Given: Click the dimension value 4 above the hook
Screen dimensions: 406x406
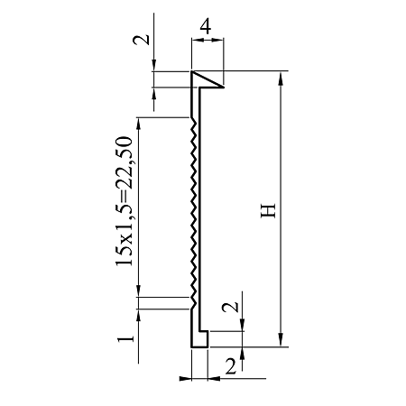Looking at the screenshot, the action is tap(205, 26).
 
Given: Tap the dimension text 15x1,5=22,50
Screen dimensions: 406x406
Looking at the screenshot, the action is tap(124, 201).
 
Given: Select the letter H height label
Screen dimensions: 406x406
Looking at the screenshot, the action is tap(268, 210).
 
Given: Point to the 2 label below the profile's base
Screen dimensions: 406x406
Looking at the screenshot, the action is tap(231, 366).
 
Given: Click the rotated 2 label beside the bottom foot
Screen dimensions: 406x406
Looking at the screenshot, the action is tap(230, 307).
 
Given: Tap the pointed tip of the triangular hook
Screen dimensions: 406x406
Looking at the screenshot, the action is tap(224, 88).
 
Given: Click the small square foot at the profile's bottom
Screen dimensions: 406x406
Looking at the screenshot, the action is tap(203, 339).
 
